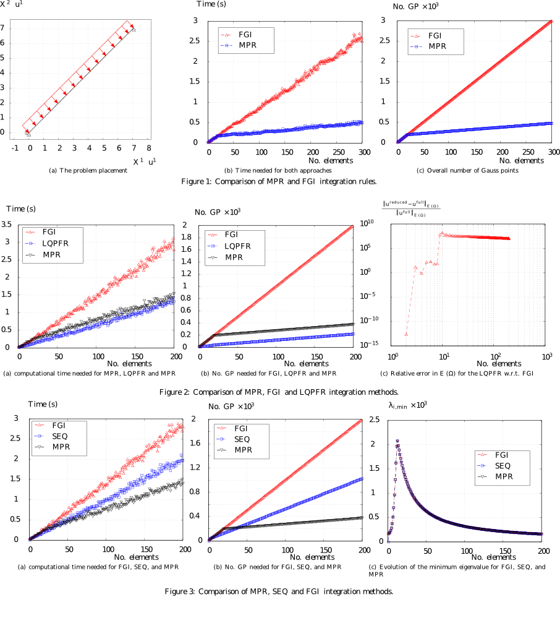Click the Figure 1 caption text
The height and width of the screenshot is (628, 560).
[279, 181]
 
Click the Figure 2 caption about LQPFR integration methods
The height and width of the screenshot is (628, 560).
[279, 392]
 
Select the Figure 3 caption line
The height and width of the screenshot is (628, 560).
[279, 591]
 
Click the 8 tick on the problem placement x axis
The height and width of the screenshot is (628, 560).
[148, 148]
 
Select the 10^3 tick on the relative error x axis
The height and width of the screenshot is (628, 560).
[546, 356]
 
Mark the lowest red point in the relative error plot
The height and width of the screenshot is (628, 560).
[406, 334]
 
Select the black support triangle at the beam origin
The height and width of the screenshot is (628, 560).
[27, 132]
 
